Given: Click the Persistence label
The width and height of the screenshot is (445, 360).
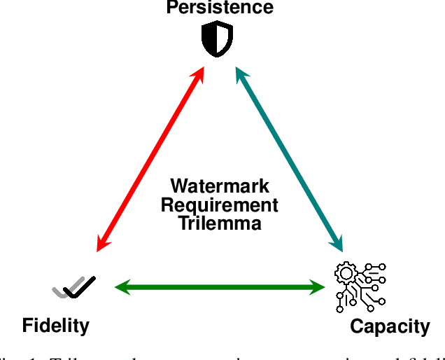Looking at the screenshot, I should (x=220, y=8).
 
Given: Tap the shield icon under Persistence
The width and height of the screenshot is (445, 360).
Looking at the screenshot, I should (x=216, y=40).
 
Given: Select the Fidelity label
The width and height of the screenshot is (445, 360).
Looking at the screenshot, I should (x=56, y=325).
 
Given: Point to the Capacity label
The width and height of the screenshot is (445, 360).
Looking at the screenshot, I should (x=390, y=326).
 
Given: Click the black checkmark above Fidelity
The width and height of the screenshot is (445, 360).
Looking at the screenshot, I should (x=79, y=286).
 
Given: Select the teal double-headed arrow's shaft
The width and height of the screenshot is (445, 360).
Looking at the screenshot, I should (x=289, y=159).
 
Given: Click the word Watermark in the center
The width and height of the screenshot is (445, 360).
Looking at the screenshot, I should (x=220, y=187).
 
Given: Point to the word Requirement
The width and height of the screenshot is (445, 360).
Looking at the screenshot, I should (x=220, y=205).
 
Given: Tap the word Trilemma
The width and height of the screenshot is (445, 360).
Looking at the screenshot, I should (x=220, y=223).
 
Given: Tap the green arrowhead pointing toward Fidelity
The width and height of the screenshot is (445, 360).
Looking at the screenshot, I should (x=123, y=286).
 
